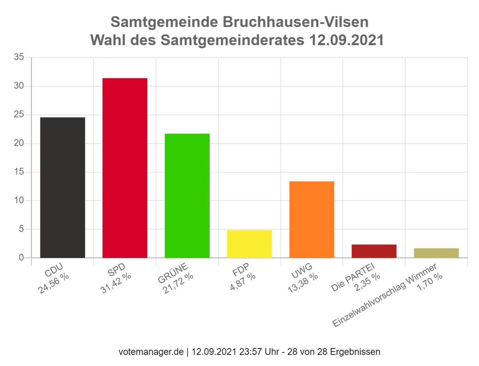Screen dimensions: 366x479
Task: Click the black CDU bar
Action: click(x=63, y=187)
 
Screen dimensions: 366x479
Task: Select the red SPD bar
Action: click(x=125, y=168)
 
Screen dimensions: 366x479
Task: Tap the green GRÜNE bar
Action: click(x=187, y=195)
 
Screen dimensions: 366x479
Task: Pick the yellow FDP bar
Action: click(x=249, y=244)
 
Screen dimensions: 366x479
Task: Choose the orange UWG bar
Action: click(x=312, y=219)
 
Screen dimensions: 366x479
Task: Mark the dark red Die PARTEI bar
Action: click(x=374, y=251)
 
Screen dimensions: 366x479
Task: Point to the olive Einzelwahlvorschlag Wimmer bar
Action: click(x=436, y=253)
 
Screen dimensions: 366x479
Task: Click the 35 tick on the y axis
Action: click(x=19, y=58)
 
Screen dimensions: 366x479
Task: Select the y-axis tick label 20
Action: click(x=19, y=143)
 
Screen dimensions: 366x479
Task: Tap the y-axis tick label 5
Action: click(x=22, y=229)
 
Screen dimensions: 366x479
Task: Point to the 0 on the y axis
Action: click(x=22, y=258)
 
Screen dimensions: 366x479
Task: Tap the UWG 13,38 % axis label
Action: click(x=303, y=278)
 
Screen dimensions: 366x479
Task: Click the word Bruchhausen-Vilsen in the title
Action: click(x=294, y=22)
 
